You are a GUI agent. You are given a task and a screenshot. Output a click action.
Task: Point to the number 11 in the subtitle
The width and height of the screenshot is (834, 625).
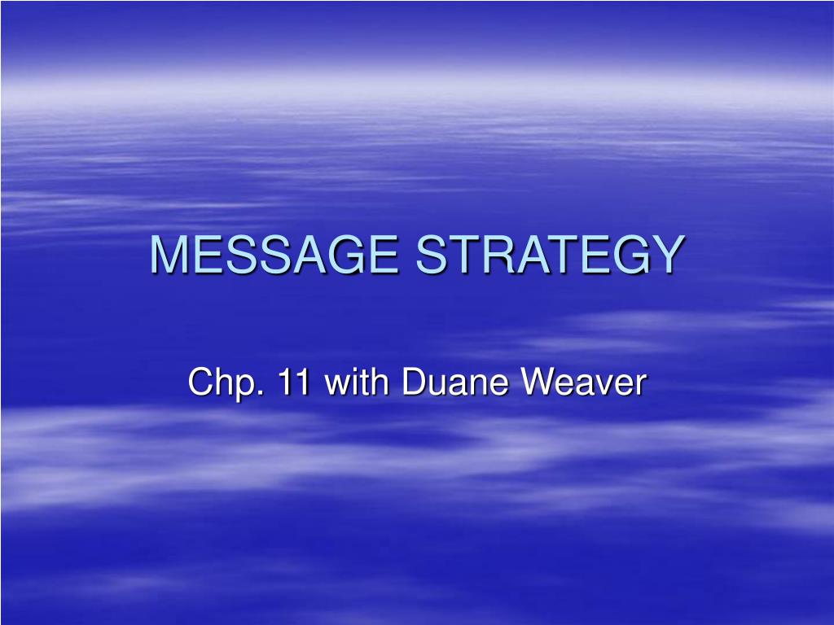pyautogui.click(x=295, y=382)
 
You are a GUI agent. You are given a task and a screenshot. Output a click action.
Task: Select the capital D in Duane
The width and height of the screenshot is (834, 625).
pyautogui.click(x=412, y=382)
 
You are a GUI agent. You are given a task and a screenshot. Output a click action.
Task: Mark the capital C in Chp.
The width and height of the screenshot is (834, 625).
pyautogui.click(x=199, y=382)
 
